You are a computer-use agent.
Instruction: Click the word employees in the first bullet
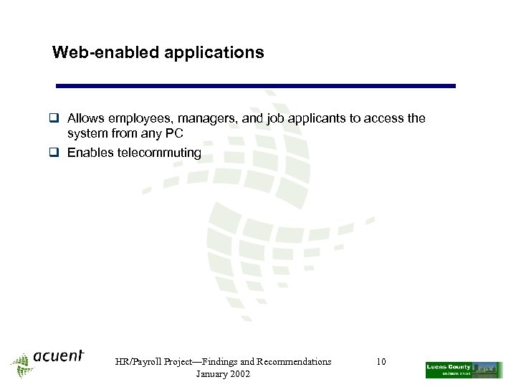point(136,118)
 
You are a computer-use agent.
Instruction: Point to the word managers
point(204,118)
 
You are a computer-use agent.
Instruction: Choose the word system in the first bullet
point(87,133)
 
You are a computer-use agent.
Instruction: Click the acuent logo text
point(59,357)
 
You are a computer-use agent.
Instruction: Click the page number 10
point(381,362)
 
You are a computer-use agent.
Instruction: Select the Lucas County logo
point(463,370)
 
